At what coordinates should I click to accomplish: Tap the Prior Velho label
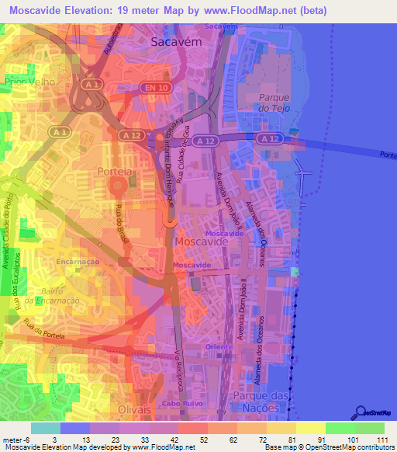pos(29,81)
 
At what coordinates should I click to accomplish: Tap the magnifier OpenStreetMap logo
pos(358,412)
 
